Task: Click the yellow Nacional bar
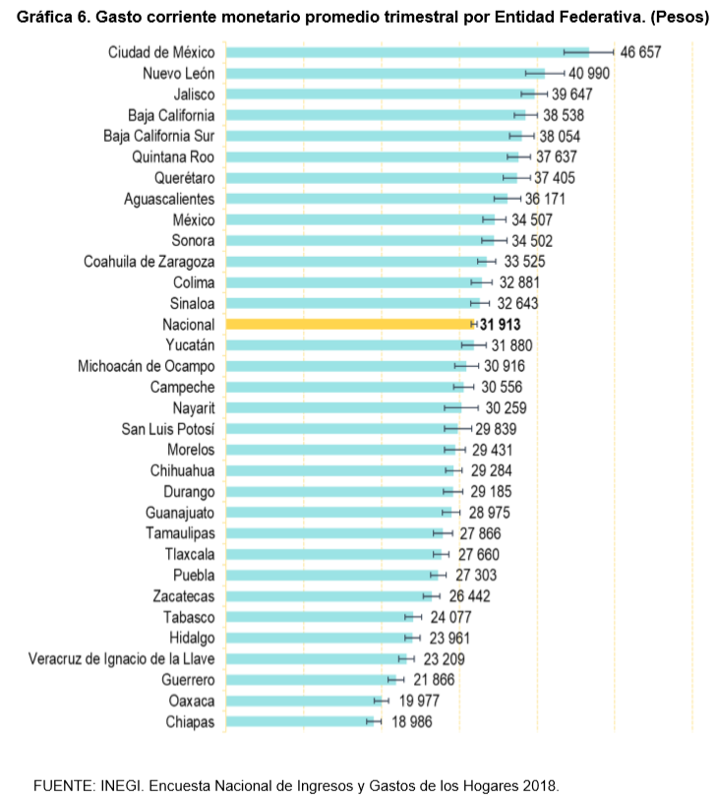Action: point(349,324)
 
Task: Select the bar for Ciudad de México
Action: point(403,52)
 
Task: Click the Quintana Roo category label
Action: point(173,156)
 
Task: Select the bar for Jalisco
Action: point(379,93)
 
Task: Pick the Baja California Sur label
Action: point(158,136)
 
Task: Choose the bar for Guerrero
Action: point(310,680)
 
